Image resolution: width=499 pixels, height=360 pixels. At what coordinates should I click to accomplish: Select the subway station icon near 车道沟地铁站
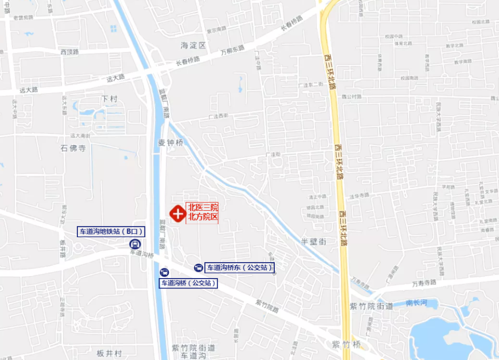click(x=134, y=244)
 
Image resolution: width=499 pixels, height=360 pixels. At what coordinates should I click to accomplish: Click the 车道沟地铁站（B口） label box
click(x=111, y=232)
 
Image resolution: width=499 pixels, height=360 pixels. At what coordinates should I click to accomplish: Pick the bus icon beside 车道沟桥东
click(x=198, y=268)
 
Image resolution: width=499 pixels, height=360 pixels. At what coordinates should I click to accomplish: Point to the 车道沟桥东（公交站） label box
click(x=240, y=268)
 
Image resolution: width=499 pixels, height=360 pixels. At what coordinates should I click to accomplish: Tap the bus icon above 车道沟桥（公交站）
click(x=163, y=272)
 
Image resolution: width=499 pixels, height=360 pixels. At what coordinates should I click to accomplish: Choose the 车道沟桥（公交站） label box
click(x=188, y=283)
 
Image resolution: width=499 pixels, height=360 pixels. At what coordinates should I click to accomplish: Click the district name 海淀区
click(x=193, y=45)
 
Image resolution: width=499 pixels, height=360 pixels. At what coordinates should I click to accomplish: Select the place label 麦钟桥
click(x=171, y=143)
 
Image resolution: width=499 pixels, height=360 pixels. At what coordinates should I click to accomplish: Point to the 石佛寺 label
click(x=73, y=148)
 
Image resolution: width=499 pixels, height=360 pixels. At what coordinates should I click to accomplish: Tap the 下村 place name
click(x=109, y=99)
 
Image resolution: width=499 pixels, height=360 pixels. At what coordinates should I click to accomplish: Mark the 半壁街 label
click(x=313, y=241)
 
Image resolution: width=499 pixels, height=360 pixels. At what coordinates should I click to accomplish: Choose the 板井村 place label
click(x=109, y=353)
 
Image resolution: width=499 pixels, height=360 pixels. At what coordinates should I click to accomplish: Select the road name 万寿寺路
click(x=424, y=283)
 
